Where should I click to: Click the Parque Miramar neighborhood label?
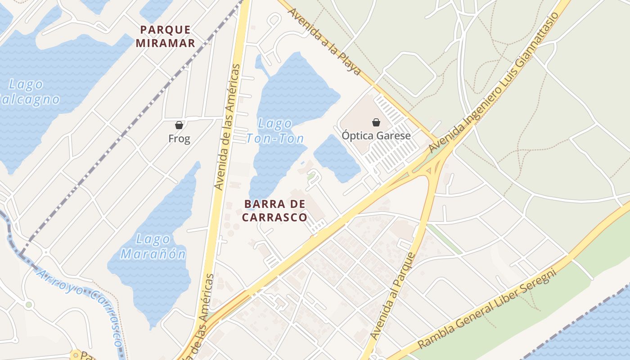[166, 36]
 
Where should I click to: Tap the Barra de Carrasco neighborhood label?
[275, 211]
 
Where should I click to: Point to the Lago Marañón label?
[153, 247]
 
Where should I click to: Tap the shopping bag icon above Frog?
[179, 125]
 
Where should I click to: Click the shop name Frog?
[179, 139]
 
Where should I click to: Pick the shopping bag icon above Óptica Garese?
[376, 122]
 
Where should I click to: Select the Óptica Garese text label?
[376, 135]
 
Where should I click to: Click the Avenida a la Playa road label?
[325, 40]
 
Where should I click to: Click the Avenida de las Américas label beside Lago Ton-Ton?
[226, 126]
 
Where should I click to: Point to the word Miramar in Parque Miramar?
[166, 43]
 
